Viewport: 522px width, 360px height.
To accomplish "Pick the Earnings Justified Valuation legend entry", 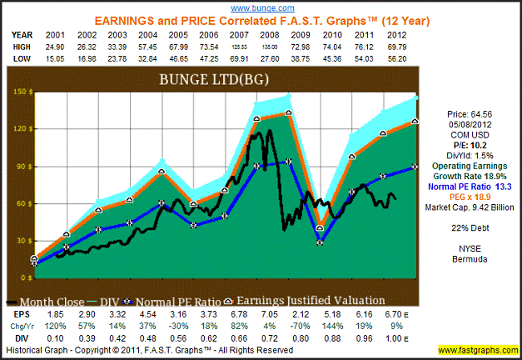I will pos(308,300).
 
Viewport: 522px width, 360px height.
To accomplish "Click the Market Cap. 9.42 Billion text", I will pos(471,207).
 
